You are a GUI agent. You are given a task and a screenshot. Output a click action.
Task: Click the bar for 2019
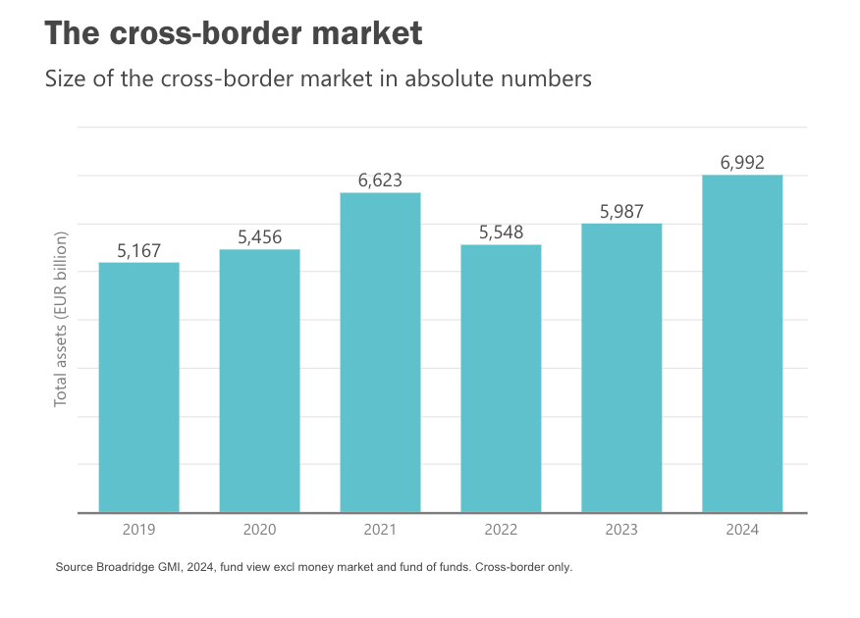click(138, 386)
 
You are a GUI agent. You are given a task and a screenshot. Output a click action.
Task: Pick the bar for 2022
click(501, 378)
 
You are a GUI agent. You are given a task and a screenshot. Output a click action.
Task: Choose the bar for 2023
click(621, 367)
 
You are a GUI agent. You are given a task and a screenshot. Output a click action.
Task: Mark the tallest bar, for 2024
click(742, 343)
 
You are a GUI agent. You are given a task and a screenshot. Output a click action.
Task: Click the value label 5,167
click(138, 251)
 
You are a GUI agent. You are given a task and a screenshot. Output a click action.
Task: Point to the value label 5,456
click(259, 237)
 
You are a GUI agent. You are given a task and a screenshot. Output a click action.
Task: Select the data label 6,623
click(380, 180)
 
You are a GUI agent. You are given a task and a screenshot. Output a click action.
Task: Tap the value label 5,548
click(501, 232)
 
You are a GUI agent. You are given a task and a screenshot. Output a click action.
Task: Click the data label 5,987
click(621, 212)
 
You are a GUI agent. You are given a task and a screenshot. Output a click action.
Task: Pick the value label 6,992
click(742, 163)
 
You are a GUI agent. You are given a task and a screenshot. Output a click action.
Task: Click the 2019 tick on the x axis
click(138, 530)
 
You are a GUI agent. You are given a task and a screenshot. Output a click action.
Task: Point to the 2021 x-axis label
click(380, 530)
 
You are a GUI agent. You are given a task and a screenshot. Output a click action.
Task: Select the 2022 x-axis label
click(501, 530)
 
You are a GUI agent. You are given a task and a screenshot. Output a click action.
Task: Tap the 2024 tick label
click(742, 530)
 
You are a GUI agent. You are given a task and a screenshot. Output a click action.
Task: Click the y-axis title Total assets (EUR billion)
click(62, 320)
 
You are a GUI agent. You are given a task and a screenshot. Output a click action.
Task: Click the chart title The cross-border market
click(234, 33)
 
